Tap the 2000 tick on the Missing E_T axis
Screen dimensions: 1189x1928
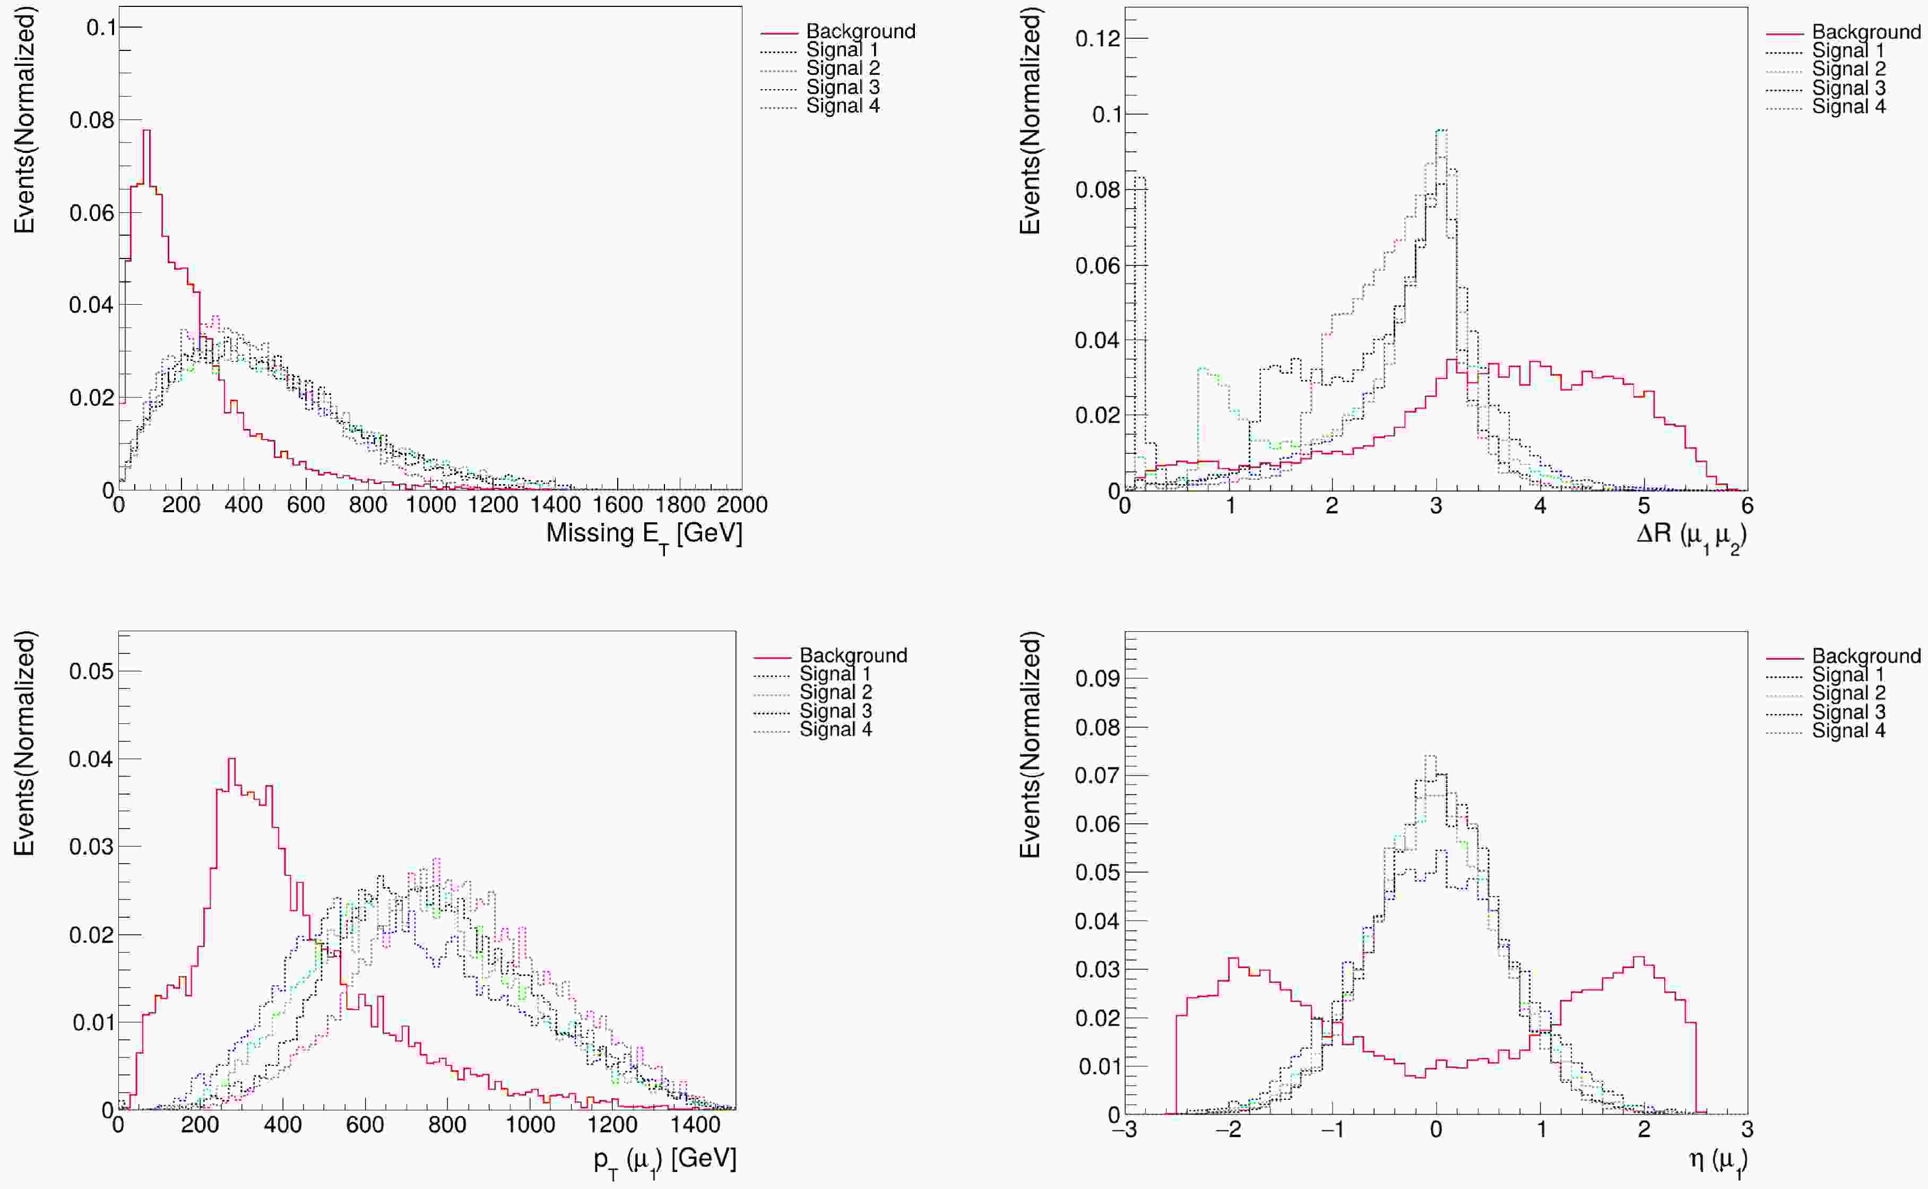[742, 505]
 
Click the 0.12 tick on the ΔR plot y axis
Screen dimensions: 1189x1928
[1098, 39]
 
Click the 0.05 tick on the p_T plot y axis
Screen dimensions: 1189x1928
[92, 671]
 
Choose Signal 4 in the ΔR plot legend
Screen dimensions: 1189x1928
[1848, 106]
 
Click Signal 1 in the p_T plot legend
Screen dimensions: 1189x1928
[835, 674]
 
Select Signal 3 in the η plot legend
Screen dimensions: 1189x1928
[1848, 712]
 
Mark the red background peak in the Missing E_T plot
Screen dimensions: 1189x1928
[146, 131]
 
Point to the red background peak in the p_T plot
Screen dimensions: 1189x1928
[231, 760]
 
